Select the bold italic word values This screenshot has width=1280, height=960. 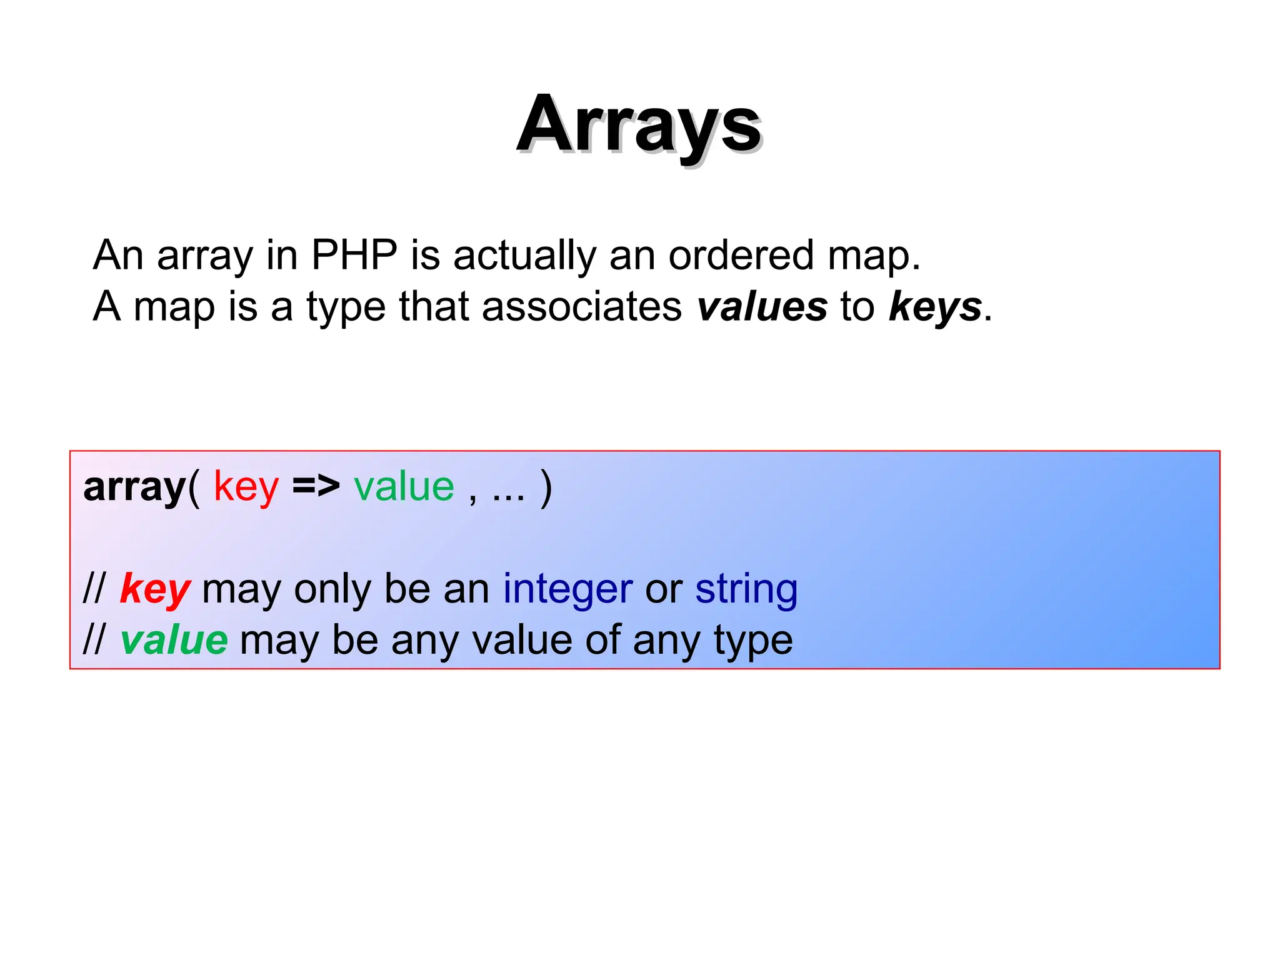pos(762,306)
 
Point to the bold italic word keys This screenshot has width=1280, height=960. pos(935,306)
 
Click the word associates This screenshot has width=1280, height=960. pos(581,306)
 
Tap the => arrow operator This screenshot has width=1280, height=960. pos(316,486)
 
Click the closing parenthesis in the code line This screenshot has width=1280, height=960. pos(546,487)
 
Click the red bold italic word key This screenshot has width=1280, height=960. pos(155,589)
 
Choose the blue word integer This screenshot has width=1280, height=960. pos(567,589)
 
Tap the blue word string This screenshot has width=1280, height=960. pos(746,589)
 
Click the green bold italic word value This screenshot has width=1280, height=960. pos(174,640)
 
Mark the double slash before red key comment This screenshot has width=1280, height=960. pos(95,589)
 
